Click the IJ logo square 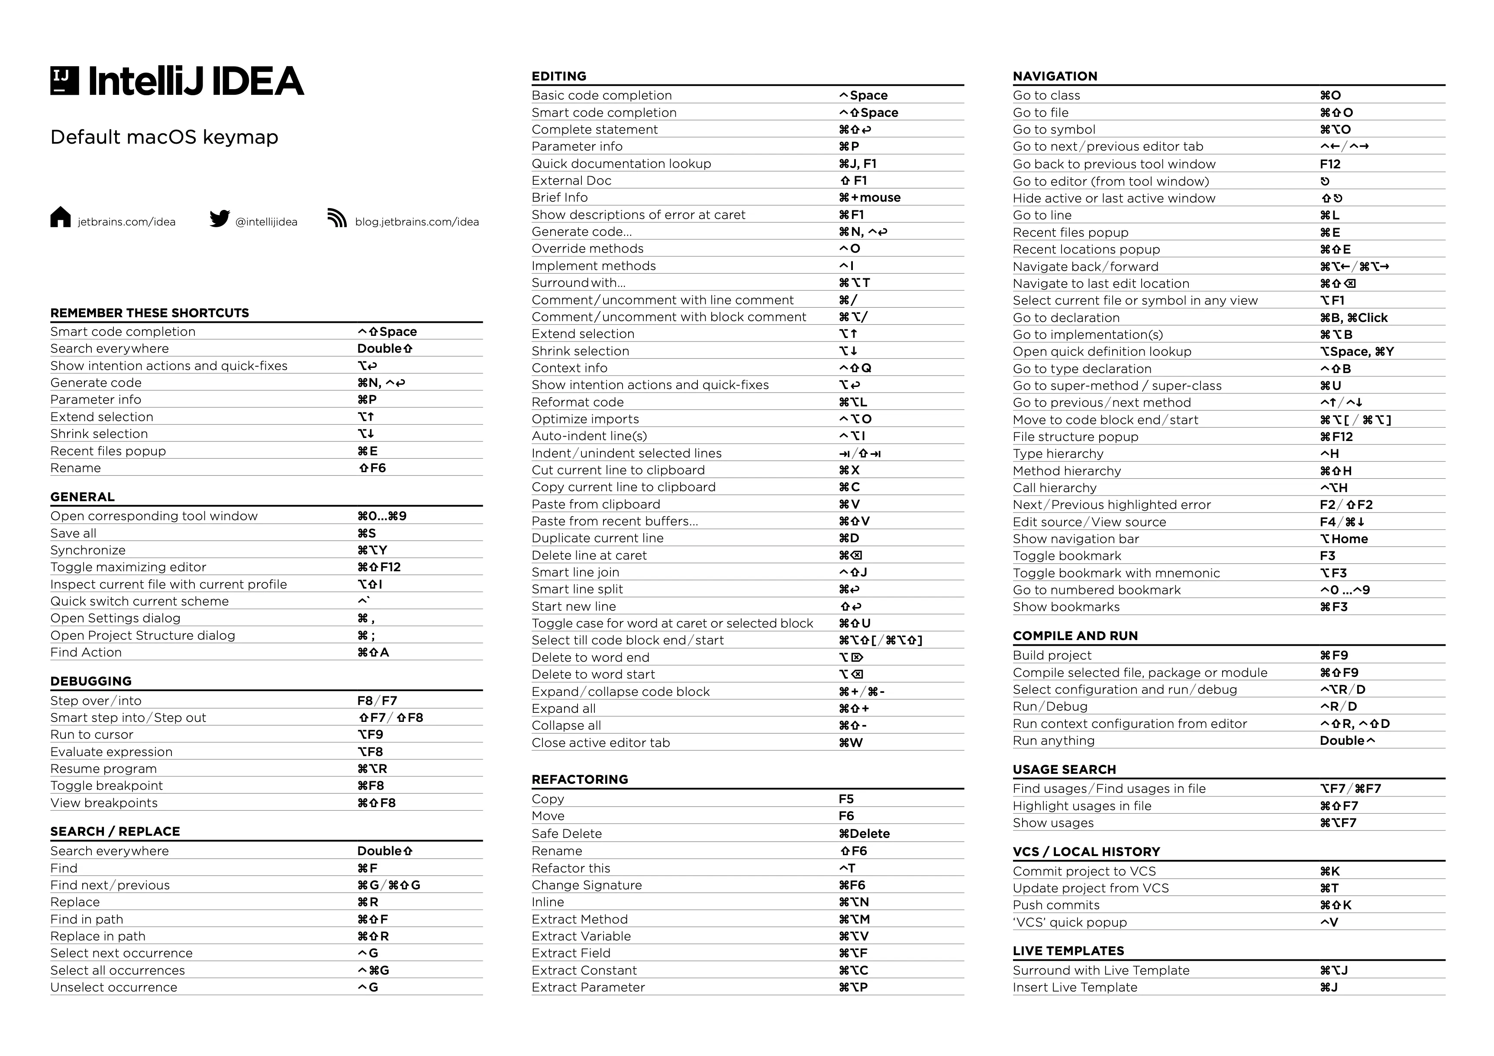click(65, 80)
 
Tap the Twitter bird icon click(220, 219)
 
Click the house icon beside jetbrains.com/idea click(61, 217)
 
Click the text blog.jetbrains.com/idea click(416, 222)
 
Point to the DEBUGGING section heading click(91, 681)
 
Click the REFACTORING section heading click(580, 779)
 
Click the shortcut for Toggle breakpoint click(371, 786)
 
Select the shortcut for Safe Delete click(864, 834)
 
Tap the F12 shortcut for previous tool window click(1330, 164)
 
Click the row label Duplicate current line click(597, 538)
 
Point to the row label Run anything click(1053, 740)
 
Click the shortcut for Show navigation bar click(1344, 539)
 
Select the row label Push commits click(1056, 905)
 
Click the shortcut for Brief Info click(869, 198)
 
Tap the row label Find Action click(86, 653)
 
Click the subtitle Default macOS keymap click(164, 137)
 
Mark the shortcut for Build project click(1334, 655)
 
